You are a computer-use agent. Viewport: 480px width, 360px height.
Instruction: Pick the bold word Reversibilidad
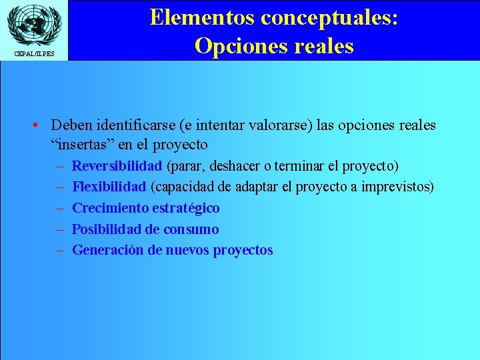(117, 165)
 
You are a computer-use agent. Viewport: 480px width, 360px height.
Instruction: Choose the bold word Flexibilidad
(109, 187)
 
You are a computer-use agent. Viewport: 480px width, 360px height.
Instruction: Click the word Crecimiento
(110, 208)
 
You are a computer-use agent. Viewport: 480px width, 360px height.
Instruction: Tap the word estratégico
(186, 208)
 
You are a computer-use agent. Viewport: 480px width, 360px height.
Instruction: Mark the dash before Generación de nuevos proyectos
(59, 251)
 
